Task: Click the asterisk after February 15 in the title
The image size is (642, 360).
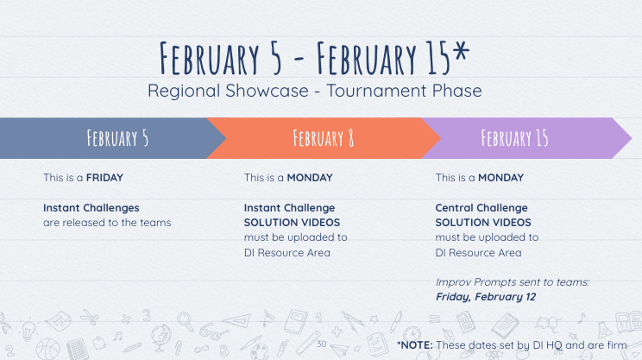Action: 461,51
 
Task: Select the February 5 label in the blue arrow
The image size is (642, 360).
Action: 117,138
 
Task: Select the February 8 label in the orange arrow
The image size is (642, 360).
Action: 323,138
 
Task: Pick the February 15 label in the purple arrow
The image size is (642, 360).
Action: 514,138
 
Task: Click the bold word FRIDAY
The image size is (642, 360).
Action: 104,177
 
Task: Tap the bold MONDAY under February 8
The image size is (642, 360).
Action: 310,177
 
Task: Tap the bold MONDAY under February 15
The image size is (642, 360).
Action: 500,177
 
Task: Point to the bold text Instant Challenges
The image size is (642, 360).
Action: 91,208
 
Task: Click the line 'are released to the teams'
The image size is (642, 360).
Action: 107,223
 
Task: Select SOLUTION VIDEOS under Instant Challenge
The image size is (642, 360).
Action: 292,223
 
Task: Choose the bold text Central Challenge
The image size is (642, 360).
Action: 481,208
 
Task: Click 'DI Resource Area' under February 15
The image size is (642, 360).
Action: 478,253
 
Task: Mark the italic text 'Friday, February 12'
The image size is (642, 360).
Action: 486,296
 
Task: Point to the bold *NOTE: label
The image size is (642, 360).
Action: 415,345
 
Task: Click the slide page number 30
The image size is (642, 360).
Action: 322,344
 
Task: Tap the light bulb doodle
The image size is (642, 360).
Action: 28,330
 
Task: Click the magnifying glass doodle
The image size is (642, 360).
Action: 185,321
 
